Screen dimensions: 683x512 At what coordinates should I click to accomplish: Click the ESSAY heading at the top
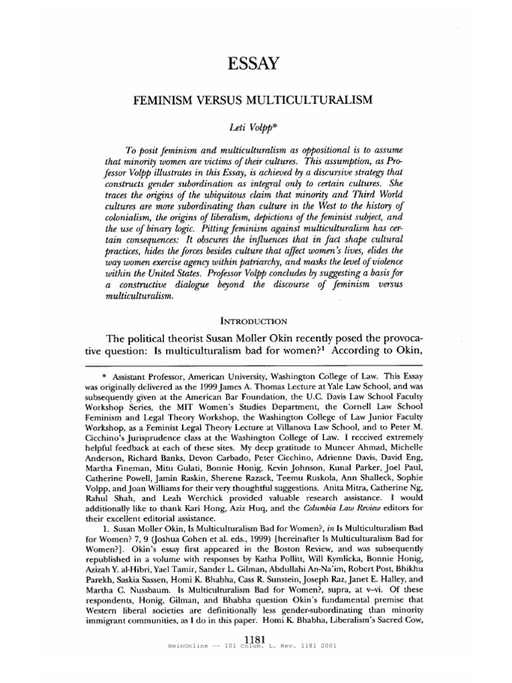pyautogui.click(x=256, y=65)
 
